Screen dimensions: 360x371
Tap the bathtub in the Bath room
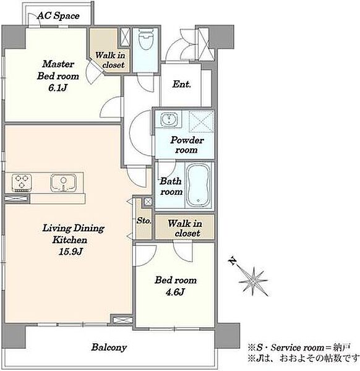pyautogui.click(x=198, y=185)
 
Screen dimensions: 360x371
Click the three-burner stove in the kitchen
pyautogui.click(x=22, y=182)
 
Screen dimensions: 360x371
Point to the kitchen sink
pyautogui.click(x=63, y=182)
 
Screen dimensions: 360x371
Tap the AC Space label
pyautogui.click(x=58, y=16)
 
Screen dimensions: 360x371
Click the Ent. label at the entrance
pyautogui.click(x=181, y=84)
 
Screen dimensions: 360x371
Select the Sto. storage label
pyautogui.click(x=144, y=221)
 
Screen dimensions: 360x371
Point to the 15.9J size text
pyautogui.click(x=71, y=252)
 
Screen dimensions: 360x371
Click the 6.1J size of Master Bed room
pyautogui.click(x=58, y=88)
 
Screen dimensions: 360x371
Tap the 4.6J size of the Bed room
pyautogui.click(x=175, y=292)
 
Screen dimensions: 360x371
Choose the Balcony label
pyautogui.click(x=109, y=348)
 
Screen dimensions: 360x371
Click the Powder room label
pyautogui.click(x=187, y=145)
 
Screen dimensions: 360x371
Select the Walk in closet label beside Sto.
pyautogui.click(x=185, y=228)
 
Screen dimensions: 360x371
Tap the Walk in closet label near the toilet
pyautogui.click(x=110, y=60)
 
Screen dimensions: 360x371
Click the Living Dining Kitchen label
pyautogui.click(x=73, y=234)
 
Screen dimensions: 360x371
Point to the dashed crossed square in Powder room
pyautogui.click(x=202, y=122)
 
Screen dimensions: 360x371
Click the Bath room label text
pyautogui.click(x=171, y=187)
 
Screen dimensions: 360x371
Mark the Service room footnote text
pyautogui.click(x=299, y=348)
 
